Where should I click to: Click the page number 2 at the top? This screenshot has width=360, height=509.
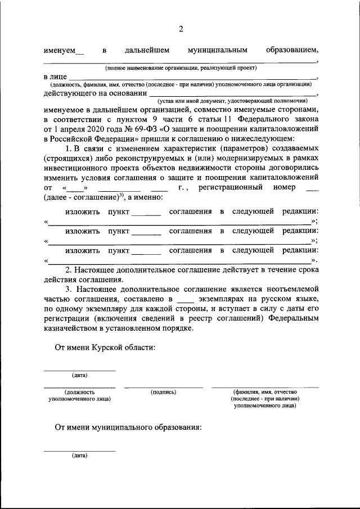(x=181, y=29)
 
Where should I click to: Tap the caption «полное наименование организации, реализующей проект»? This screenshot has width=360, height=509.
(x=181, y=67)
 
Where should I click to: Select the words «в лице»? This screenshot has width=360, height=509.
(x=56, y=76)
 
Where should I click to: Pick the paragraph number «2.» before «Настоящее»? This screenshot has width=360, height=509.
(x=68, y=271)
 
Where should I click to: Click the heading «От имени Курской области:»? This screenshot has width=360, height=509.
(x=105, y=348)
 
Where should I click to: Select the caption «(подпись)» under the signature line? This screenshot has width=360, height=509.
(x=164, y=391)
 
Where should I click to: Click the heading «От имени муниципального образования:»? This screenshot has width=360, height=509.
(x=128, y=427)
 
